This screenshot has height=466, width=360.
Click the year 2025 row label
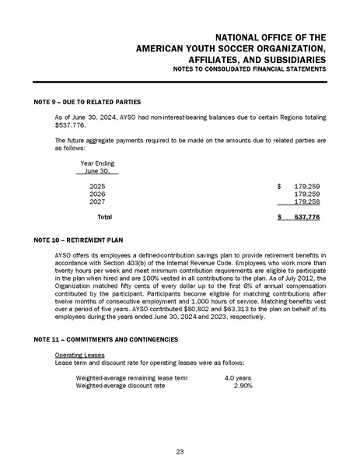(x=97, y=187)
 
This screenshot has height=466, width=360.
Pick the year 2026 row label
(x=97, y=194)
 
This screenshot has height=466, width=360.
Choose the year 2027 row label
(x=97, y=202)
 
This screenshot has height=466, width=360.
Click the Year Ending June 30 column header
(x=97, y=167)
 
